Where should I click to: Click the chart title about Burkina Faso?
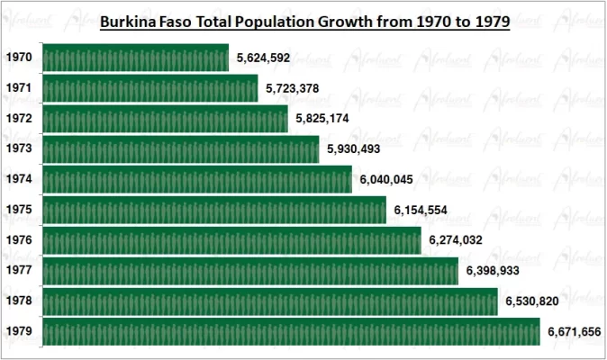303,21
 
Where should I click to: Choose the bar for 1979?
290,331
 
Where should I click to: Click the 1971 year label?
19,88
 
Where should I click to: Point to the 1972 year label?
19,119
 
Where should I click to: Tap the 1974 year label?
19,179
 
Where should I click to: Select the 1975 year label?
19,210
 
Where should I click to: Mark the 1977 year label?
19,270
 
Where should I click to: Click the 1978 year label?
19,301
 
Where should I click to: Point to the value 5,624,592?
263,58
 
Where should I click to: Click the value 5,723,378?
293,88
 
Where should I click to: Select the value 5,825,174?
322,119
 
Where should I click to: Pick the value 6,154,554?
421,210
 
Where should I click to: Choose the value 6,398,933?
493,270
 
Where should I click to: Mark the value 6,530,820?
531,301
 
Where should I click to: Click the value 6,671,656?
574,331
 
